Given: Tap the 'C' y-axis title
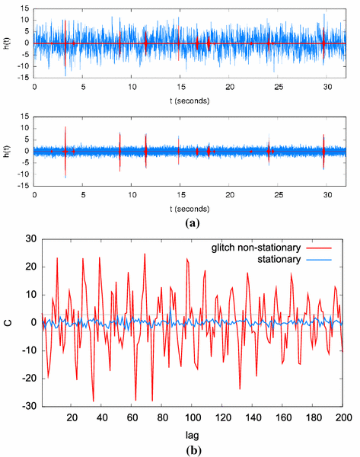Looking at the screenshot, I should (x=9, y=323).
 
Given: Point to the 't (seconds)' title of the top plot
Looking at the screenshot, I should (x=189, y=100).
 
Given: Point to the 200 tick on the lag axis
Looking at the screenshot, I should (x=342, y=417).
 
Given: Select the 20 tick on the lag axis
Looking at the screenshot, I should (x=72, y=417).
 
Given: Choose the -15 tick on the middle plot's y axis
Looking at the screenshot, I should (x=24, y=184).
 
